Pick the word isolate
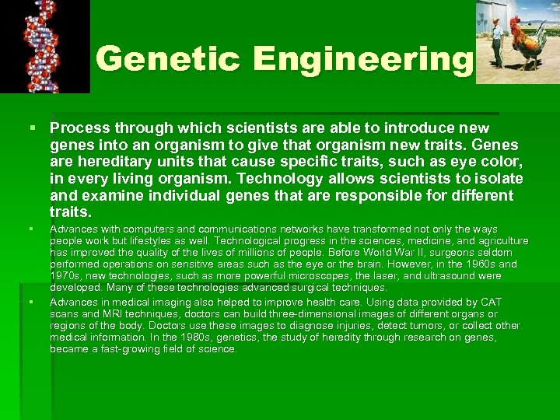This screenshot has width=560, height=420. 497,178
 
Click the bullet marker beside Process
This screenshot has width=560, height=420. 31,127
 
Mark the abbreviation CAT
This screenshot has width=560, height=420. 491,302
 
